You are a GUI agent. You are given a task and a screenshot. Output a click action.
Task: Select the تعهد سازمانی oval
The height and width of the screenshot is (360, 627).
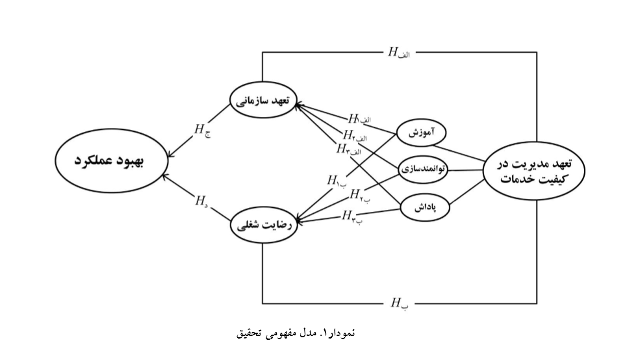(x=263, y=102)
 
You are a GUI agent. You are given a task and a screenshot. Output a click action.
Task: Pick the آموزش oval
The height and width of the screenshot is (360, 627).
(x=422, y=133)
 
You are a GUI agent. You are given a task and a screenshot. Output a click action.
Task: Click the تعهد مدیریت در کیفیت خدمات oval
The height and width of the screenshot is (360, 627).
(x=534, y=170)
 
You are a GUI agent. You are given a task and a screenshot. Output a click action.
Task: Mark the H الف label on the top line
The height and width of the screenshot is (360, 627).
(x=399, y=53)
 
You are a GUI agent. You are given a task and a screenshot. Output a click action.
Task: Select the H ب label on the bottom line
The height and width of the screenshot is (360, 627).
(x=399, y=303)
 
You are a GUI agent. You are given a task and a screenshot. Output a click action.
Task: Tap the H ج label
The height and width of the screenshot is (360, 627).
(x=202, y=130)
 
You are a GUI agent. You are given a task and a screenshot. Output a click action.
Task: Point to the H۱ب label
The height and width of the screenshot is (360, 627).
(x=337, y=180)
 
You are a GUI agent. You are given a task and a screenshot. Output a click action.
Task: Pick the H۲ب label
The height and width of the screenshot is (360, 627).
(x=360, y=194)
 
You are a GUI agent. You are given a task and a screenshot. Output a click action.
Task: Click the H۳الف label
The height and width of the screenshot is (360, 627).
(x=348, y=149)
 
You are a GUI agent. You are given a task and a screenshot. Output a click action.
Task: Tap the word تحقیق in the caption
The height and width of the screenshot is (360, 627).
(x=250, y=333)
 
